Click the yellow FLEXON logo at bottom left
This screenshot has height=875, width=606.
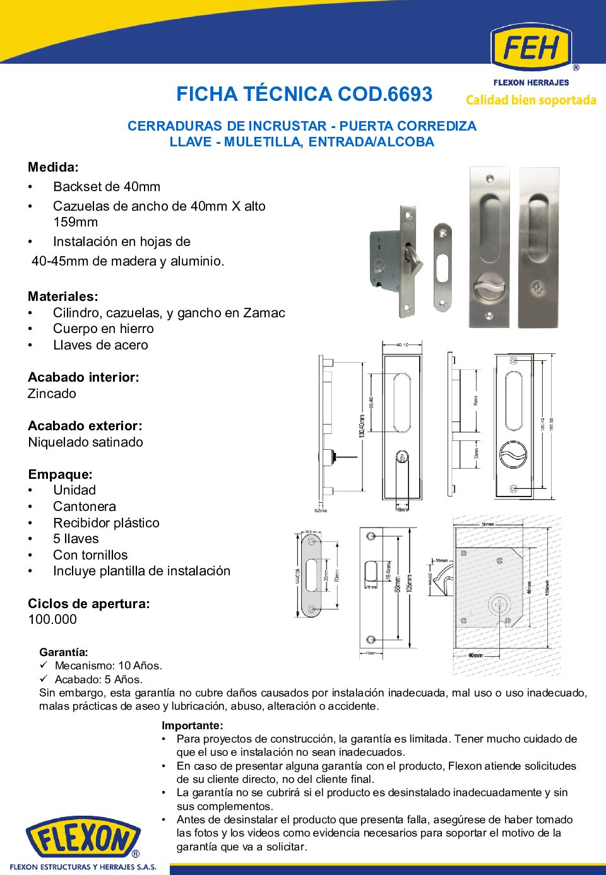tap(83, 840)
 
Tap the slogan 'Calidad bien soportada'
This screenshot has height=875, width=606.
tap(531, 100)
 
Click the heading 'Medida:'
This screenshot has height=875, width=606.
tap(53, 167)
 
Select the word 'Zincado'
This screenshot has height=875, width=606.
tap(52, 394)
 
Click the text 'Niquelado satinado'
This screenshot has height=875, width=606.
tap(85, 442)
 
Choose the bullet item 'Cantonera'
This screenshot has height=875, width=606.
tap(85, 507)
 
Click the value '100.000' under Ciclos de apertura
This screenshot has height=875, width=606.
tap(52, 620)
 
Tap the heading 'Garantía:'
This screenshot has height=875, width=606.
tap(64, 652)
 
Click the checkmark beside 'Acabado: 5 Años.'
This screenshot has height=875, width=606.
tap(44, 679)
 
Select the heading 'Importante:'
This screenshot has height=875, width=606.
tap(192, 725)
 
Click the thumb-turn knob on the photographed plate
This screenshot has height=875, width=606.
tap(489, 291)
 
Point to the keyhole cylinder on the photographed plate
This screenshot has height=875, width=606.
tap(538, 288)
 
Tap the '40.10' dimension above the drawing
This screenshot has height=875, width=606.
tap(402, 345)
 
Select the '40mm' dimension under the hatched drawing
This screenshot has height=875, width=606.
tap(475, 655)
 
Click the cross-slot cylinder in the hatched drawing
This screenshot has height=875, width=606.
tap(499, 606)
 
